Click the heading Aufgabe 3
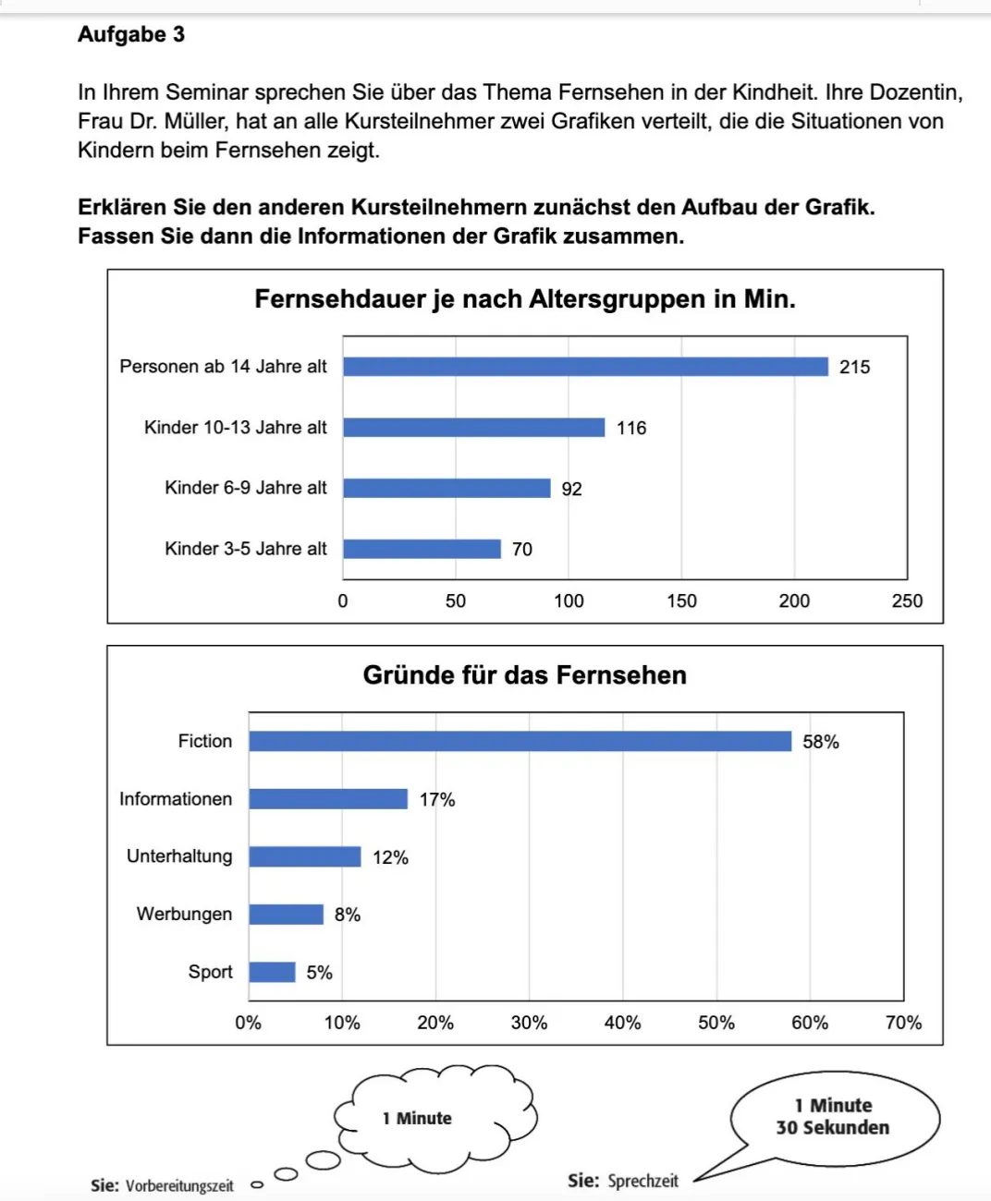[x=131, y=35]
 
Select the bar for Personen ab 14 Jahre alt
[x=585, y=367]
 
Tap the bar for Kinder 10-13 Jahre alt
[x=473, y=428]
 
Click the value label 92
[x=571, y=489]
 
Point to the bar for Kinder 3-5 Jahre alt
[x=422, y=549]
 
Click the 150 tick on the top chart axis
[x=681, y=601]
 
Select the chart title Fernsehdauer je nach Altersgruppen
[x=524, y=299]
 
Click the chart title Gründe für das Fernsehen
[x=524, y=675]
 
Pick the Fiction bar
[x=520, y=742]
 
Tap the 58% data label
[x=821, y=742]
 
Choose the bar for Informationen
[x=328, y=799]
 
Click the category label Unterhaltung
[x=179, y=856]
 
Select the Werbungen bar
[x=286, y=915]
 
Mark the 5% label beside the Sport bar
[x=319, y=973]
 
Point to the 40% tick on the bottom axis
[x=622, y=1023]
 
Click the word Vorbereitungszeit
[x=179, y=1186]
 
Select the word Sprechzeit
[x=642, y=1181]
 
